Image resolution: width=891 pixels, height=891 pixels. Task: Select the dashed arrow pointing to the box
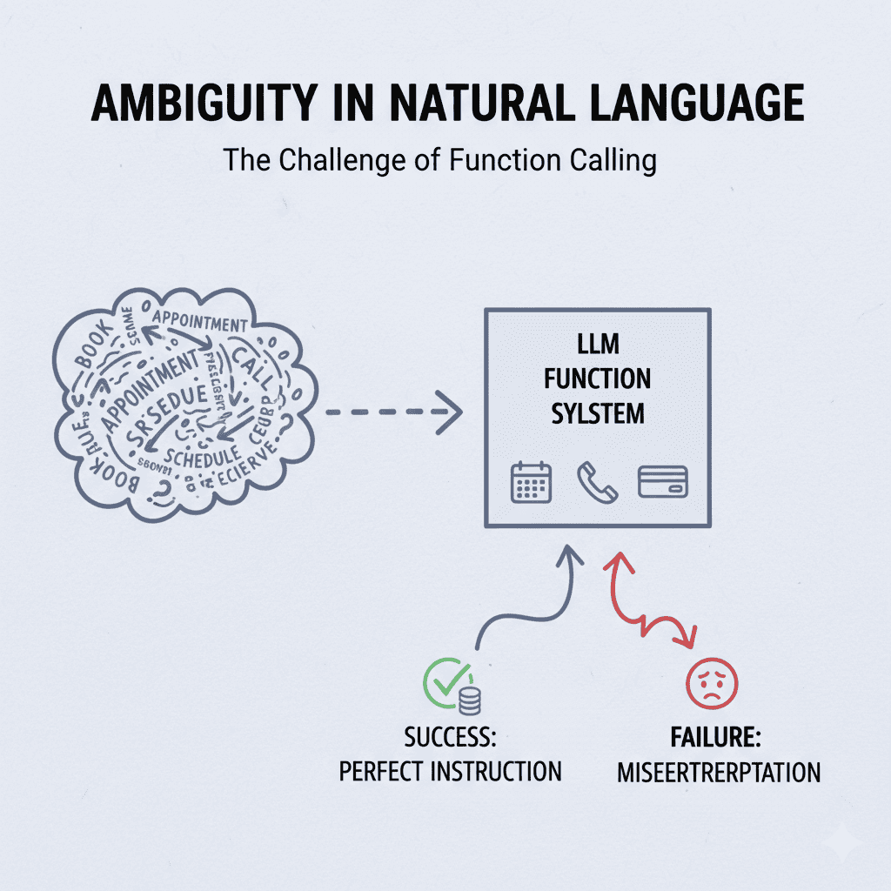click(391, 413)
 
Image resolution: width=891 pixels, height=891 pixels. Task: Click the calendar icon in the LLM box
click(531, 481)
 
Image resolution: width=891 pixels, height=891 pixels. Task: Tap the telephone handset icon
click(597, 481)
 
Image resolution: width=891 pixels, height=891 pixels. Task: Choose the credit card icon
click(663, 481)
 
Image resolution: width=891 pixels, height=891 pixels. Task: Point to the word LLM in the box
click(598, 345)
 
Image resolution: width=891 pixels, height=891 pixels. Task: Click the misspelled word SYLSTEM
click(598, 412)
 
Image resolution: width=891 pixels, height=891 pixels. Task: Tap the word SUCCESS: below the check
click(450, 739)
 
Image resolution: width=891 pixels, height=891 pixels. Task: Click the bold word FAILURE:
click(715, 739)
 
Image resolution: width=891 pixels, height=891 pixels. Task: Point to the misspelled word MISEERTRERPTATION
click(719, 772)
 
